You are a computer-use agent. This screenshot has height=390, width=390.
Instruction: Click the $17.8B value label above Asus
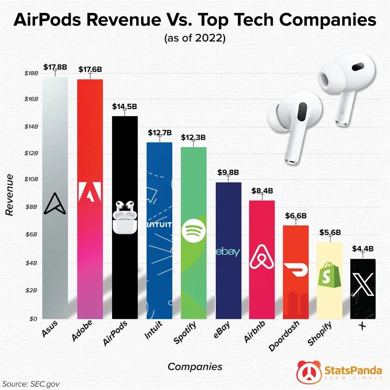[x=55, y=67]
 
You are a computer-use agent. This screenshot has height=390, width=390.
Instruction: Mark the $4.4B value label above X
[x=362, y=248]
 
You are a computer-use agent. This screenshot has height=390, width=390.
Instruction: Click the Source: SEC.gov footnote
[x=32, y=383]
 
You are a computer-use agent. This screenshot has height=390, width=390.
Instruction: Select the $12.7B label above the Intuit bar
[x=159, y=132]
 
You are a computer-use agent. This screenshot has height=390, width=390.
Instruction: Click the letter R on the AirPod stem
[x=342, y=111]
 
